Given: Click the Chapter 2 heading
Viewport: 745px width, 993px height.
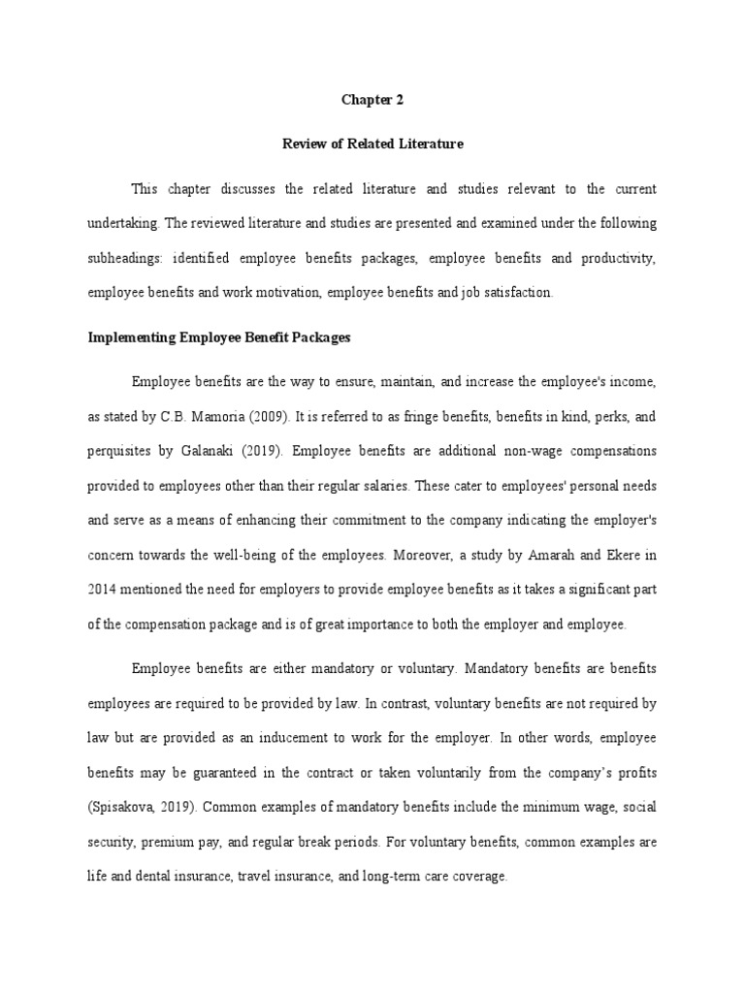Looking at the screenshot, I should click(x=372, y=99).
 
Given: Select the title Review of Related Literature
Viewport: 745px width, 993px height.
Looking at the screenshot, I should click(x=372, y=144).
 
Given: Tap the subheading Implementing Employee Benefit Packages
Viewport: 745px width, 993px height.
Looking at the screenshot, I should click(x=218, y=338).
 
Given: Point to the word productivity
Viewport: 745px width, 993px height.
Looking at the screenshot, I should click(x=619, y=258).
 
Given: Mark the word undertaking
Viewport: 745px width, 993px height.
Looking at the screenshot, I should click(x=121, y=223).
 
